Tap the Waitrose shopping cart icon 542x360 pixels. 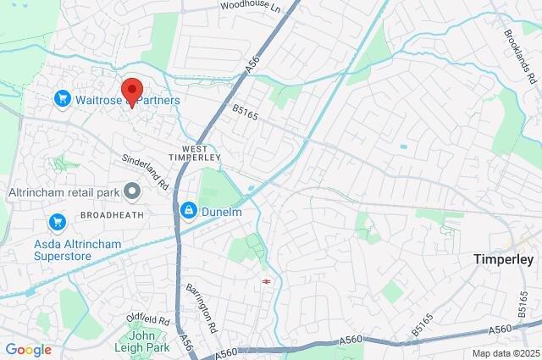click(62, 100)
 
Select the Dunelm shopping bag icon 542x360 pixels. click(187, 208)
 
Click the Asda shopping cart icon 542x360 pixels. click(58, 223)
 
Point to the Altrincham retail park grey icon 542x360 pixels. click(132, 191)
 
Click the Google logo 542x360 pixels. click(28, 350)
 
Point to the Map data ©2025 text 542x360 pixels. click(505, 353)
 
